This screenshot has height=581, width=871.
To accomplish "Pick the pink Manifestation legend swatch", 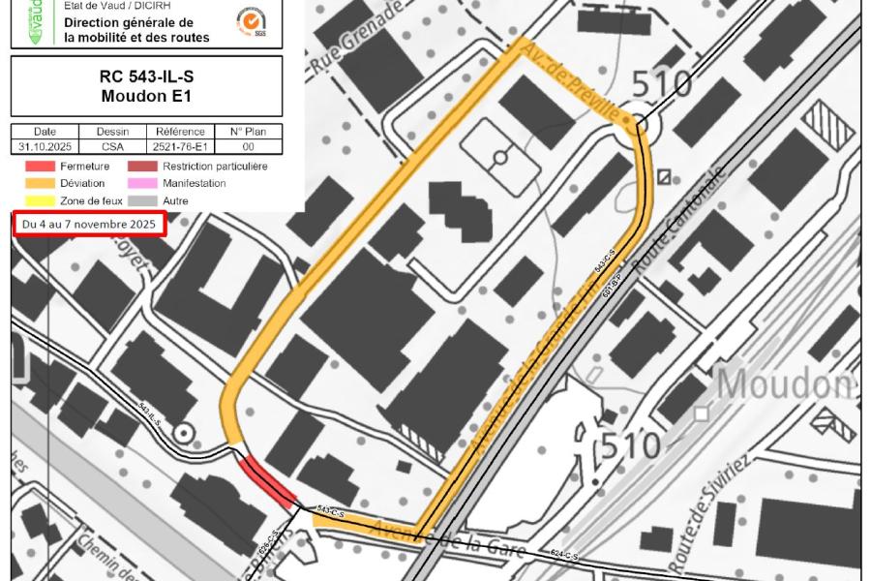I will pyautogui.click(x=143, y=183).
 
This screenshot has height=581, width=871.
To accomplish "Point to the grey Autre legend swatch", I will pyautogui.click(x=143, y=200).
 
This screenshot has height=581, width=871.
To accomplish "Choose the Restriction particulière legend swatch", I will pyautogui.click(x=143, y=167).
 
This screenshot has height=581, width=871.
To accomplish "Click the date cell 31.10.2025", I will pyautogui.click(x=45, y=147).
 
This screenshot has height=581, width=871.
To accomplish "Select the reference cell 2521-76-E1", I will pyautogui.click(x=180, y=147).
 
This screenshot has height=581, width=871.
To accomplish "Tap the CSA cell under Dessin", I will pyautogui.click(x=112, y=147).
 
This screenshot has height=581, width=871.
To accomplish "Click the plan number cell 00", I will pyautogui.click(x=248, y=147).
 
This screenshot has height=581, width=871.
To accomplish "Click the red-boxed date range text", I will pyautogui.click(x=88, y=225).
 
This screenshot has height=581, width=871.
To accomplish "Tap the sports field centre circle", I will pyautogui.click(x=499, y=157).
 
